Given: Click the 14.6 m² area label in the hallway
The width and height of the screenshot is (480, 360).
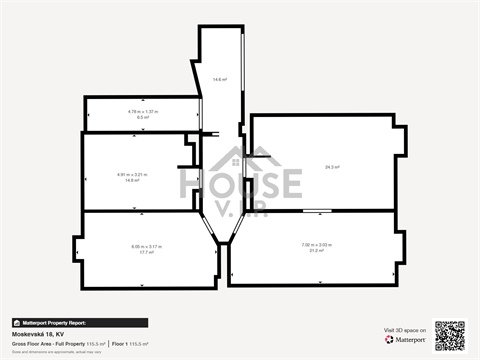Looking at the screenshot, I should coord(219,79).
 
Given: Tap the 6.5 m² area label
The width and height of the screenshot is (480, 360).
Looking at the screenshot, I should coord(142,117).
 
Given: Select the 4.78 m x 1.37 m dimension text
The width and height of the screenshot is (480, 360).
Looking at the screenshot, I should coord(142,111).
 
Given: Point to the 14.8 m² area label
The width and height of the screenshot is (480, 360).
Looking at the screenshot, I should coord(132,180).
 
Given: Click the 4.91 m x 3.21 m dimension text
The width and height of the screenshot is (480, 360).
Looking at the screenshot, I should coord(132,174).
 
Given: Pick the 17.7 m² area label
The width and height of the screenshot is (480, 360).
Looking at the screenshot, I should coord(146,252).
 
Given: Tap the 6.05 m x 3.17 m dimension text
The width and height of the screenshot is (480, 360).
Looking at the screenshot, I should coord(146,246).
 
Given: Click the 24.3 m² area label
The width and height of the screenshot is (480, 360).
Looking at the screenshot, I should coord(331,167).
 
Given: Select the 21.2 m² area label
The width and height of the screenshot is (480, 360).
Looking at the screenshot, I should coord(316,251).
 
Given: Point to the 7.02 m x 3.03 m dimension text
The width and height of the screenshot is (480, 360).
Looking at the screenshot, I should coord(316,245).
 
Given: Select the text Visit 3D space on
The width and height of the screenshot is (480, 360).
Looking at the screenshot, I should coord(405,329).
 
